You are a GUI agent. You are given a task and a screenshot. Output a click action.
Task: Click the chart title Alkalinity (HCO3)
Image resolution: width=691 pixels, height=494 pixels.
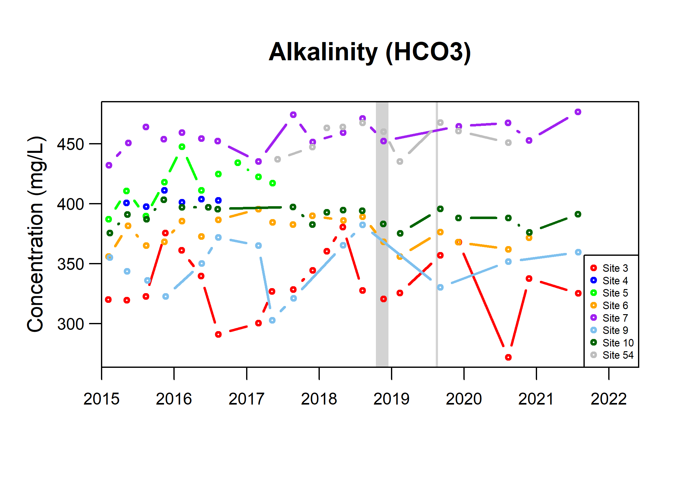click(370, 52)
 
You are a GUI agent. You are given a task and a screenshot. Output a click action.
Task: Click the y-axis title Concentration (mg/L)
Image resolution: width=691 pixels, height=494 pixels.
click(36, 234)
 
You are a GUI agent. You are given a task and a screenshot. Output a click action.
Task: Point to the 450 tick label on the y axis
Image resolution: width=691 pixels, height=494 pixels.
click(70, 144)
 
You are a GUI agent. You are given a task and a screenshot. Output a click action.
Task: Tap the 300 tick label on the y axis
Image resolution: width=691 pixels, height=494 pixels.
click(70, 324)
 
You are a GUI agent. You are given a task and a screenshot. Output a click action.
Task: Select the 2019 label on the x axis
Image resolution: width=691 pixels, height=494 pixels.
click(391, 399)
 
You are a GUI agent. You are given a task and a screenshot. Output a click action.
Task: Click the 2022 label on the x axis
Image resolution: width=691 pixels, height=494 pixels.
click(609, 399)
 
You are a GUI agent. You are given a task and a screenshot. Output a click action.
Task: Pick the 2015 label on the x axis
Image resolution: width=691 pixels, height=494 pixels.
click(102, 399)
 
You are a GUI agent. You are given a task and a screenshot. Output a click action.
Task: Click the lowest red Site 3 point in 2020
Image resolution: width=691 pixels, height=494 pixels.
click(508, 357)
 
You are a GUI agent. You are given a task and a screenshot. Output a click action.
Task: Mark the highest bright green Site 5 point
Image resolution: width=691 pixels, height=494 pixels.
click(182, 147)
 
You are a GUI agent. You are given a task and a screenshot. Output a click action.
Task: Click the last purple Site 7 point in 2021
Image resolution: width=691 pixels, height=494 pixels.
click(578, 112)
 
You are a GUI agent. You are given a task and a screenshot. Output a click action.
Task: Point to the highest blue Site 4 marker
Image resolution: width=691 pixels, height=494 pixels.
click(164, 190)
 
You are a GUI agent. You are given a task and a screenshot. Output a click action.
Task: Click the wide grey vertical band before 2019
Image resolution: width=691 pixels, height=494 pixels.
click(382, 234)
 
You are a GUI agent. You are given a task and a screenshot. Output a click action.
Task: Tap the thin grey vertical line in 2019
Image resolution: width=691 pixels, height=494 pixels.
click(436, 234)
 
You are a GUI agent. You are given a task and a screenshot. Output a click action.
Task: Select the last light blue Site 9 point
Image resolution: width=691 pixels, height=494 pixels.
click(578, 252)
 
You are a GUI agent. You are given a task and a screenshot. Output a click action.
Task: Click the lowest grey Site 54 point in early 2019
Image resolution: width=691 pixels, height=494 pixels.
click(400, 161)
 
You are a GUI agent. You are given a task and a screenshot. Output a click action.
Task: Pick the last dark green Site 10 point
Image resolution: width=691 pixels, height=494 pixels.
click(578, 214)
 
